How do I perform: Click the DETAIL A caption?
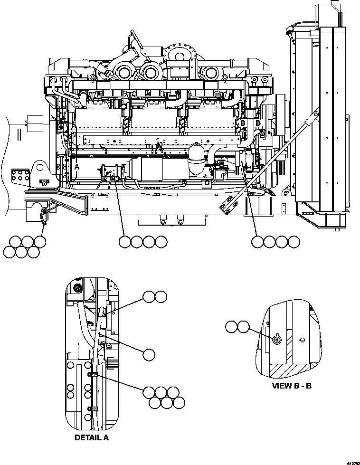click(91, 437)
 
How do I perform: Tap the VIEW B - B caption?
click(291, 385)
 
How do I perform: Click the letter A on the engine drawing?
click(76, 167)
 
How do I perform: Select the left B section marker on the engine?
click(243, 123)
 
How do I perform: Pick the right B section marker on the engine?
click(258, 123)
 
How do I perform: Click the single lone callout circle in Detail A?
click(149, 354)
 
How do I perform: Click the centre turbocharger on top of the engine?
click(150, 73)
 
